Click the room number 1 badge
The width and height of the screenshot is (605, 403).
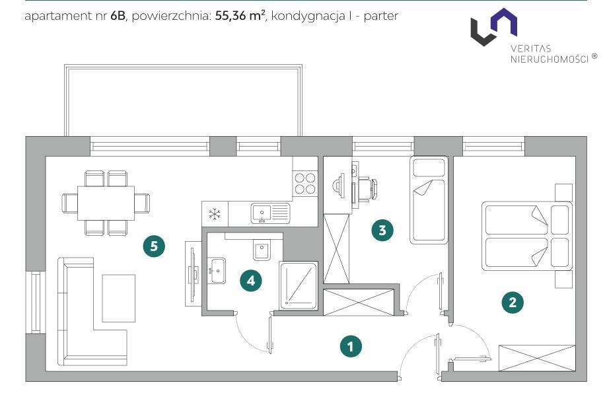click(351, 346)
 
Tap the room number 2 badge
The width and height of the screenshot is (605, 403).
click(513, 302)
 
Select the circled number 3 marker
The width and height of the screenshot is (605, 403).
click(382, 230)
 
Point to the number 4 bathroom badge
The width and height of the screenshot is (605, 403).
click(251, 280)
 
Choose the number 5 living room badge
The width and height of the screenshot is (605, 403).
click(154, 246)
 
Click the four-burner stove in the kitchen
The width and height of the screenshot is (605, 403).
click(305, 184)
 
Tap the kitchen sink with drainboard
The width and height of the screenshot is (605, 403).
click(270, 213)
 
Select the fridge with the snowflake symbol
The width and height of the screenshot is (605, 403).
click(215, 214)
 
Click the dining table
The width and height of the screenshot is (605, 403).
click(106, 203)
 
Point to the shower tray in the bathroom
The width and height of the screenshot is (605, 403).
click(299, 285)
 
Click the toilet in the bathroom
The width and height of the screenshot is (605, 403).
click(262, 250)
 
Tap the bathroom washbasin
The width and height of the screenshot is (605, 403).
click(217, 271)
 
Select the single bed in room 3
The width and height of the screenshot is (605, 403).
click(429, 200)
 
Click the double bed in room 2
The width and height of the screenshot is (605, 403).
click(526, 235)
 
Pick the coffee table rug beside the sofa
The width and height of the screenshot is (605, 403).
click(118, 298)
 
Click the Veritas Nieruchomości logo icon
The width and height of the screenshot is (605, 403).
click(494, 27)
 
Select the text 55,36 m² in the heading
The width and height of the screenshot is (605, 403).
click(240, 15)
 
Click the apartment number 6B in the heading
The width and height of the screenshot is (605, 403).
click(118, 16)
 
